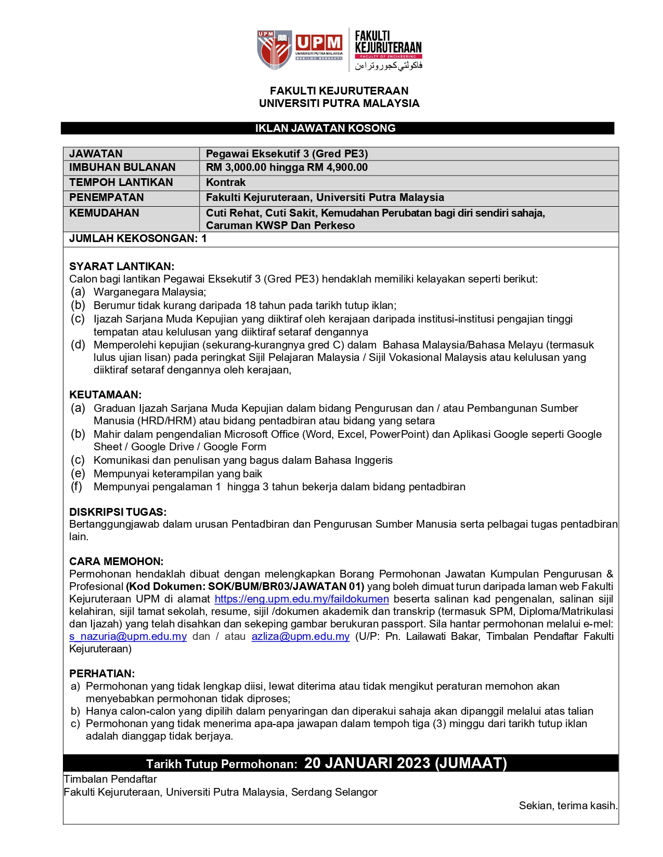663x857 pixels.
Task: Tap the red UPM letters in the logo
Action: point(319,43)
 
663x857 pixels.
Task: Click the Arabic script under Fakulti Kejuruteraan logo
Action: point(388,65)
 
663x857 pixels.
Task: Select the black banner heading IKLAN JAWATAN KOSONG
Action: point(325,128)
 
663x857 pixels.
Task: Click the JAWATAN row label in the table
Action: point(96,154)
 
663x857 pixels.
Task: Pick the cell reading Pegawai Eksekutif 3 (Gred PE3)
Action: point(287,154)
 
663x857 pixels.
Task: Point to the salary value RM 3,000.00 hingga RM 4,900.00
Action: point(287,167)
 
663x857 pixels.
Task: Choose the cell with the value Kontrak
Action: point(226,182)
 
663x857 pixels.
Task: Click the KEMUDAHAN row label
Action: point(104,213)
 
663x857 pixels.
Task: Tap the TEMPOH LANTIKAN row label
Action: point(121,182)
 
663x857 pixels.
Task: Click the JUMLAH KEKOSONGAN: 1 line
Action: point(138,238)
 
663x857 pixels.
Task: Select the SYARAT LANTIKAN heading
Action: point(122,266)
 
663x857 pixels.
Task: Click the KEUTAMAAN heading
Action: point(105,395)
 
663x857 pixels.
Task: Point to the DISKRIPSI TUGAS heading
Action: point(118,512)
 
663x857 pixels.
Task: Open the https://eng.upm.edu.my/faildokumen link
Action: point(302,599)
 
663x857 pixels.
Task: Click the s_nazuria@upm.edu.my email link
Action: point(128,636)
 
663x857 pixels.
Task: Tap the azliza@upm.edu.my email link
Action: point(301,636)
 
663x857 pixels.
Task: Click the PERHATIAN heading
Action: point(102,674)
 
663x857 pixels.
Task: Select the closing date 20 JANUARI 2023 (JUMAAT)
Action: point(405,763)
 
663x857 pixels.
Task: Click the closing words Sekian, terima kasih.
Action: point(568,806)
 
